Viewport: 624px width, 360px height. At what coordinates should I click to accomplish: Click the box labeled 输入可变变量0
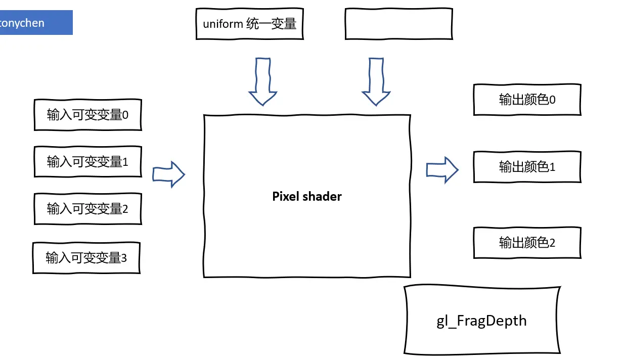click(x=87, y=115)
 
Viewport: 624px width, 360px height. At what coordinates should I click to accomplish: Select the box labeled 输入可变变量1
click(x=87, y=162)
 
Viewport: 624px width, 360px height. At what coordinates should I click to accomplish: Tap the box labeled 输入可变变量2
click(x=87, y=208)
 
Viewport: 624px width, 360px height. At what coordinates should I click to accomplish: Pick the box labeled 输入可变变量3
click(x=86, y=258)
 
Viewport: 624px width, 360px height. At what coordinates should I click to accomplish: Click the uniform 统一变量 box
click(x=249, y=24)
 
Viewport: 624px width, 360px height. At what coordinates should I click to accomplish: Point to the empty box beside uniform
click(x=398, y=24)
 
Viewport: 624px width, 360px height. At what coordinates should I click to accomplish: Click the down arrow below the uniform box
click(x=263, y=81)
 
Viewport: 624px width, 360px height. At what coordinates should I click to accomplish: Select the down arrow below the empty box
click(x=376, y=81)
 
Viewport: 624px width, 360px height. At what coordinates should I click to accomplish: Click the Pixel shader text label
click(x=307, y=196)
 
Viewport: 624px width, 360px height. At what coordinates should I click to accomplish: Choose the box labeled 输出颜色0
click(x=527, y=100)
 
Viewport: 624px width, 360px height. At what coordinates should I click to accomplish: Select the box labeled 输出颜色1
click(x=527, y=166)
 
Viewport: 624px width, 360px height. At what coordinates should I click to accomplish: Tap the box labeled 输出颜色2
click(x=527, y=243)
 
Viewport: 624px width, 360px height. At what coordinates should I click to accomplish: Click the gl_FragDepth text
click(x=481, y=321)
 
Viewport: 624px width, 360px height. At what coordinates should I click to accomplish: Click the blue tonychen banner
click(x=35, y=23)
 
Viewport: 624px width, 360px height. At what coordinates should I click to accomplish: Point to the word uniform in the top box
click(x=222, y=24)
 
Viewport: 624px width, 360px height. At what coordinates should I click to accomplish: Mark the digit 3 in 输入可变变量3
click(x=124, y=258)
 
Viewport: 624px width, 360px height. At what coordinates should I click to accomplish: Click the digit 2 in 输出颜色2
click(x=552, y=243)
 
